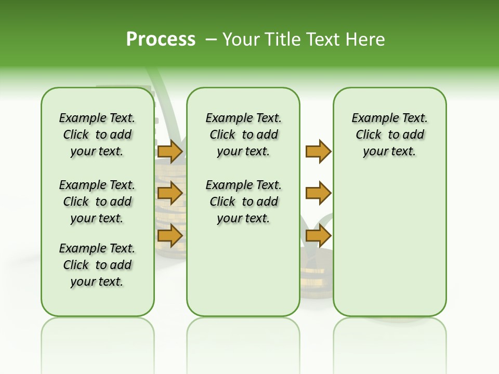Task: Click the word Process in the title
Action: [161, 39]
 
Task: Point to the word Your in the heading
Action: [241, 39]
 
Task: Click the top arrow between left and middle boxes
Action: [170, 152]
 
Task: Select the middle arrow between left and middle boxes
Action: [170, 193]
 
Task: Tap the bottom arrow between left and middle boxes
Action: [170, 235]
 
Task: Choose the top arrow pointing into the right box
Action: [318, 152]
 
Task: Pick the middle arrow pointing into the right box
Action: [318, 193]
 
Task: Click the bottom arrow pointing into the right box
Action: [318, 235]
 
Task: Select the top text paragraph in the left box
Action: [97, 135]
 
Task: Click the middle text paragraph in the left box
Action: [97, 202]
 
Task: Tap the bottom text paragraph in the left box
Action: [97, 265]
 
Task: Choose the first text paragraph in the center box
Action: [243, 135]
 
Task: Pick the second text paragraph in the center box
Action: [243, 202]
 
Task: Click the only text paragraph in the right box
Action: [389, 135]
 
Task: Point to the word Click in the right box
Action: [369, 135]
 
